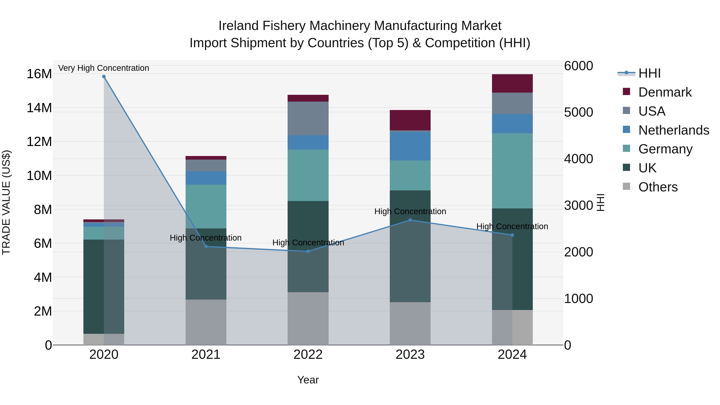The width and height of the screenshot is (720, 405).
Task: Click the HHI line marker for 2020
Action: (104, 77)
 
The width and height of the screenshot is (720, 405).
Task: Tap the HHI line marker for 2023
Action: (410, 220)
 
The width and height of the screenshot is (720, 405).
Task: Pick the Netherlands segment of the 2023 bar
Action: (410, 146)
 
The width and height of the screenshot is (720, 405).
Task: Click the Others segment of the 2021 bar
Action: (206, 322)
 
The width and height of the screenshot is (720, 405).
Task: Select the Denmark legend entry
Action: (665, 92)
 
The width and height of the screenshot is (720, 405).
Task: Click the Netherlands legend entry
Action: (674, 130)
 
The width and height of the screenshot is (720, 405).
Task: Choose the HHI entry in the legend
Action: (649, 73)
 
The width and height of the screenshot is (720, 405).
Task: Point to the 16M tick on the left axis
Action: (39, 74)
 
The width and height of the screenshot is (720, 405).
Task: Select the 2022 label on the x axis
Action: (308, 355)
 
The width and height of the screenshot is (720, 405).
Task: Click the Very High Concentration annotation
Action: (104, 68)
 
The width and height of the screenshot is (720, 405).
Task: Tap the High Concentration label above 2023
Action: (410, 211)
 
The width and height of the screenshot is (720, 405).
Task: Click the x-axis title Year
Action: (308, 380)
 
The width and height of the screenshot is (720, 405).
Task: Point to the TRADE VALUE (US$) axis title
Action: (6, 202)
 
